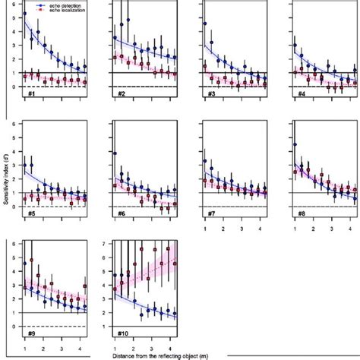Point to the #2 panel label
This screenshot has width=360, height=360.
click(x=121, y=94)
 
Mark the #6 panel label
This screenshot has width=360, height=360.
click(x=121, y=214)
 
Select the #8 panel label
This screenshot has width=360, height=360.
click(x=302, y=214)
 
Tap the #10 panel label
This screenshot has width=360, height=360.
click(x=122, y=334)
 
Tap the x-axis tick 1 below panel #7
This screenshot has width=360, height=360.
click(x=206, y=228)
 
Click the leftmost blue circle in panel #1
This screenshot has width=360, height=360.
click(x=25, y=14)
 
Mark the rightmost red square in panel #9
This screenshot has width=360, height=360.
click(x=85, y=287)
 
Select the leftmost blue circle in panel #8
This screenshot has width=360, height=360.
click(x=295, y=144)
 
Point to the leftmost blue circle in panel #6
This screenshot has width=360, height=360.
click(x=115, y=153)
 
